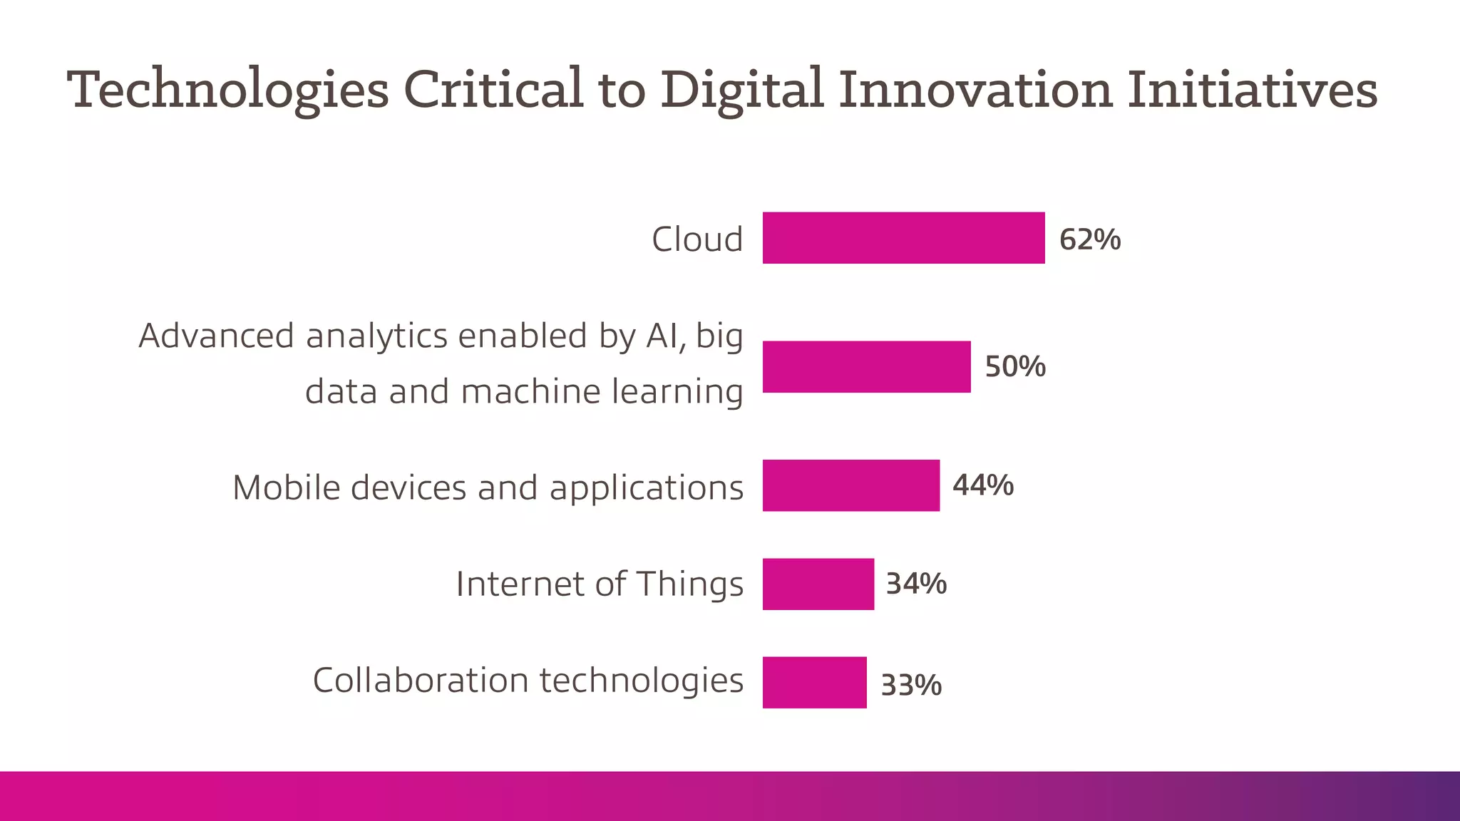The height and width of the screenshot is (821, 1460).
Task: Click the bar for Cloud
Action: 903,238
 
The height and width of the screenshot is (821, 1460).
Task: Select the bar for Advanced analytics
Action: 866,367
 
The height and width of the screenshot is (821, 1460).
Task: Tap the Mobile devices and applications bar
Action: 850,485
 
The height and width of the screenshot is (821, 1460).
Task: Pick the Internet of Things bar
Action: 818,584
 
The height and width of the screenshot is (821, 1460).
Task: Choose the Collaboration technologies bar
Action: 814,683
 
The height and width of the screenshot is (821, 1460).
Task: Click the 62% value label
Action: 1089,239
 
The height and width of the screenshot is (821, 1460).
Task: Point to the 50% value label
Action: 1014,367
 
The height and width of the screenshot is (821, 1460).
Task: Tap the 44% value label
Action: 982,485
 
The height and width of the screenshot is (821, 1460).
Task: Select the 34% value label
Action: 915,584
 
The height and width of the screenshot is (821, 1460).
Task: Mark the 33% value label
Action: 910,686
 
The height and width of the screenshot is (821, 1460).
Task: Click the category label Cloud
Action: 696,239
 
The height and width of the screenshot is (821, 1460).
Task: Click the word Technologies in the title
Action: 228,91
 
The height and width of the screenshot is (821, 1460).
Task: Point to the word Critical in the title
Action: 493,89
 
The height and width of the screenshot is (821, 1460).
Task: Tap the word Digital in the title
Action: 741,91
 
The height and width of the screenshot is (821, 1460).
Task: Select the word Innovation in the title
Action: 975,89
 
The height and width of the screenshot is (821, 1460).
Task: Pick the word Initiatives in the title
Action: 1252,89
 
